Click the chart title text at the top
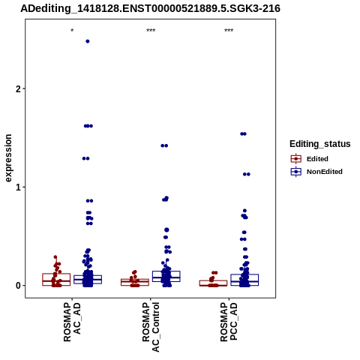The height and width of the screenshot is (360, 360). (150, 8)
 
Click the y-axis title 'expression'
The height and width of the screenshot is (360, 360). (8, 158)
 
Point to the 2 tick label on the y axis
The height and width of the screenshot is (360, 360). (18, 88)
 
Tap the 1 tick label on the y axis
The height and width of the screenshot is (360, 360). (18, 187)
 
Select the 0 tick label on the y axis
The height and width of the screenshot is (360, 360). (18, 286)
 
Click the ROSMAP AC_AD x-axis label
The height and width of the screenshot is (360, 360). (72, 322)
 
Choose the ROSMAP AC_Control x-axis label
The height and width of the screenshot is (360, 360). (151, 327)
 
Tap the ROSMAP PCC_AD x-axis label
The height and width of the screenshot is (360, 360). (229, 322)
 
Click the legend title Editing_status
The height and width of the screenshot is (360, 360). (319, 144)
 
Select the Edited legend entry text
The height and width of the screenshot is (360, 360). (317, 159)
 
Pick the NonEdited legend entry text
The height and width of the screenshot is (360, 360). (325, 172)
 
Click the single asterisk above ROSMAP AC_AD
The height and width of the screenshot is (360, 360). (72, 31)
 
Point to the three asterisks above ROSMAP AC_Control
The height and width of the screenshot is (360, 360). (151, 31)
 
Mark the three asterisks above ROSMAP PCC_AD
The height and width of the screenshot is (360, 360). (229, 31)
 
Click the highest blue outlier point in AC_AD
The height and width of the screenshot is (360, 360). (88, 41)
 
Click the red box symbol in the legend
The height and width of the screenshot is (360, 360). (296, 159)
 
